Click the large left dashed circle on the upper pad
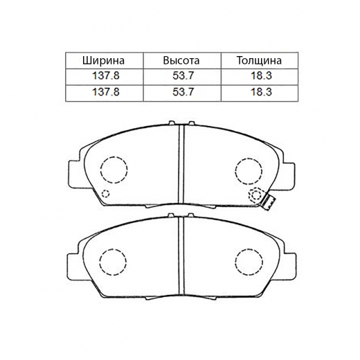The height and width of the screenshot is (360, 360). [x=114, y=169]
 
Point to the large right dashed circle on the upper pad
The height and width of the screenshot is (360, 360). [x=247, y=169]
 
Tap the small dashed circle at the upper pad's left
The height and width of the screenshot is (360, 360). [x=105, y=193]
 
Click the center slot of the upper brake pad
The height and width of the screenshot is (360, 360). [x=180, y=166]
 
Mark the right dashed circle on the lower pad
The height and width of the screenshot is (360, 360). [x=247, y=261]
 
